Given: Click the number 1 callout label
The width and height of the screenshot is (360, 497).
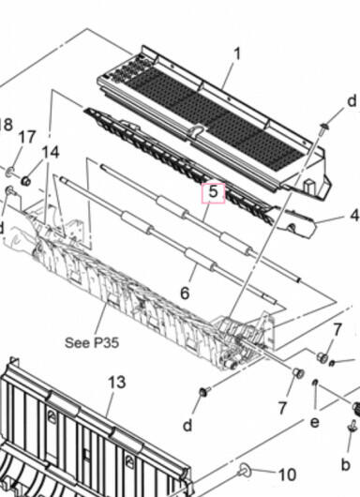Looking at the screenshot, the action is coord(237,54).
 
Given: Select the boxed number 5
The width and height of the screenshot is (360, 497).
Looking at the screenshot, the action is coord(214,193).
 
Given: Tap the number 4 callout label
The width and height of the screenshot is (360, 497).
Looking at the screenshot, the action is coord(354,216).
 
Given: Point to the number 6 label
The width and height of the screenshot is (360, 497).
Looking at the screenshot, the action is coord(185,293).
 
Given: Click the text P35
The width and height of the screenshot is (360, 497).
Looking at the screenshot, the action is coord(106,343).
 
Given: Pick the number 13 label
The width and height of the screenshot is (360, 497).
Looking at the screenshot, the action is coord(117,383).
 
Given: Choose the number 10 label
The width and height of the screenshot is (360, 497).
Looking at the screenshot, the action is coord(287,474).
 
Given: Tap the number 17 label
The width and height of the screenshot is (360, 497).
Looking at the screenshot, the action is coord(27,138).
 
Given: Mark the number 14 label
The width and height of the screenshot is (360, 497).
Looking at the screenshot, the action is coord(51,153).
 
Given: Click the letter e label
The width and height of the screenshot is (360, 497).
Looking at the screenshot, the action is coord(314,422).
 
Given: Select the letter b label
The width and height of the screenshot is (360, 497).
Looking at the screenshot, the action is coord(345,465).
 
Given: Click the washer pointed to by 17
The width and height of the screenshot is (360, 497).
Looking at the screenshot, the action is coord(10,173).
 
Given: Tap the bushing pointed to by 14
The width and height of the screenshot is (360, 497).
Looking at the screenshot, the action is coord(25,181).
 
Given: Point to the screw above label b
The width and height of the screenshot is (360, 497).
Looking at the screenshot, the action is coord(352,425).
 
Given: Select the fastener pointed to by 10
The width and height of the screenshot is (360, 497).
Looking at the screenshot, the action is coord(244,472).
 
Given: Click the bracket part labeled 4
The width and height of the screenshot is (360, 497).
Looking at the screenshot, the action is coord(296,223).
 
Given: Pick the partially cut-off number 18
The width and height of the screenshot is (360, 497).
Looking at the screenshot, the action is coord(6,124).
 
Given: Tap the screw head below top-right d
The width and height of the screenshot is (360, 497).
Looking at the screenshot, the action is coord(324,128).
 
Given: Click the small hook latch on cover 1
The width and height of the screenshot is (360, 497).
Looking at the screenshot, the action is coord(197,130).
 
